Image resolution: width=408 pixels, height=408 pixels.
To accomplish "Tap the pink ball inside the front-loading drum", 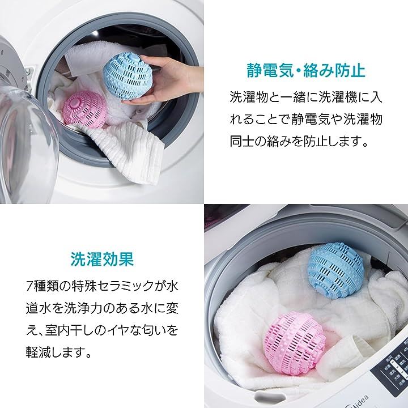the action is (x=84, y=110).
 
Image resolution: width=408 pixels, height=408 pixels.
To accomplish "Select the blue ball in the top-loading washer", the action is (x=335, y=270).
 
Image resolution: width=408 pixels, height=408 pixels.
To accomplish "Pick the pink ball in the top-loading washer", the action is (x=294, y=339).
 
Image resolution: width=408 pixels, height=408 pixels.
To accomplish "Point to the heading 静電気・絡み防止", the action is (x=306, y=70).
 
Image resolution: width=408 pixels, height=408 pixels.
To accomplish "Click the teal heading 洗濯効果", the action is (x=102, y=259).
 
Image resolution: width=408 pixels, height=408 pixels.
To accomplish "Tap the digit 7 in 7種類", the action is (x=29, y=287).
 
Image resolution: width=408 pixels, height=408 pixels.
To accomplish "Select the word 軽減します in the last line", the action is (x=58, y=352).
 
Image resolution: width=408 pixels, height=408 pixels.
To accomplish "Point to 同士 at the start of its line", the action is (x=242, y=142).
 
